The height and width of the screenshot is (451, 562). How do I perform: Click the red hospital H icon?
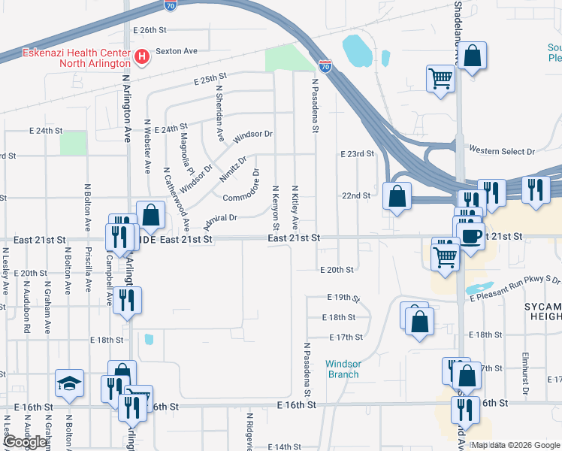140,56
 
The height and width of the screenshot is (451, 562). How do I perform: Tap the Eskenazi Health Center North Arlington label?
66,57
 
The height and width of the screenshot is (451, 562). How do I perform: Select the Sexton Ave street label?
176,51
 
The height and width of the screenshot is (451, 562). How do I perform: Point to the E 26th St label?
148,30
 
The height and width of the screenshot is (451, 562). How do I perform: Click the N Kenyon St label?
276,208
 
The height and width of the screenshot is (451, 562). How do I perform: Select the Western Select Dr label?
502,151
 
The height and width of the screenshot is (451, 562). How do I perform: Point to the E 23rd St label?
357,153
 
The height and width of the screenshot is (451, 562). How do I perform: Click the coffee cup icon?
472,236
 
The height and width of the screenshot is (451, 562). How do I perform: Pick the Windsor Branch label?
343,369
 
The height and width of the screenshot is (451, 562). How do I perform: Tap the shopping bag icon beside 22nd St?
397,196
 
